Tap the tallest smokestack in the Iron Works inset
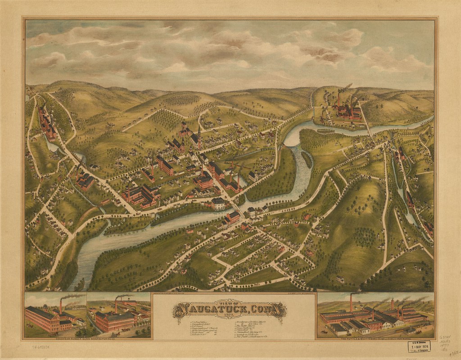click(x=351, y=302)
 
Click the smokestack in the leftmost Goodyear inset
click(x=60, y=306)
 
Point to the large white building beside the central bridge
click(x=218, y=203)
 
